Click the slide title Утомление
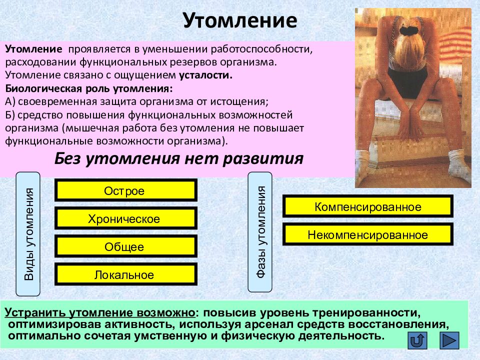pyautogui.click(x=240, y=21)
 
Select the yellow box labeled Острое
pyautogui.click(x=126, y=190)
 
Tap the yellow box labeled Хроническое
pyautogui.click(x=126, y=218)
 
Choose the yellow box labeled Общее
pyautogui.click(x=126, y=246)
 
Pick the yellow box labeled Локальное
pyautogui.click(x=126, y=274)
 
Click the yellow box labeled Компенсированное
pyautogui.click(x=367, y=206)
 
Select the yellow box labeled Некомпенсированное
pyautogui.click(x=367, y=234)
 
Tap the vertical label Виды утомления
pyautogui.click(x=28, y=234)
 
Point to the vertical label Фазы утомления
pyautogui.click(x=260, y=232)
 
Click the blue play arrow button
pyautogui.click(x=449, y=340)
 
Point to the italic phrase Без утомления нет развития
pyautogui.click(x=179, y=159)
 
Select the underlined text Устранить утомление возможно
pyautogui.click(x=100, y=313)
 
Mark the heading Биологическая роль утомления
pyautogui.click(x=89, y=89)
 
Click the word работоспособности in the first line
pyautogui.click(x=261, y=49)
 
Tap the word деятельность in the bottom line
pyautogui.click(x=341, y=336)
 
